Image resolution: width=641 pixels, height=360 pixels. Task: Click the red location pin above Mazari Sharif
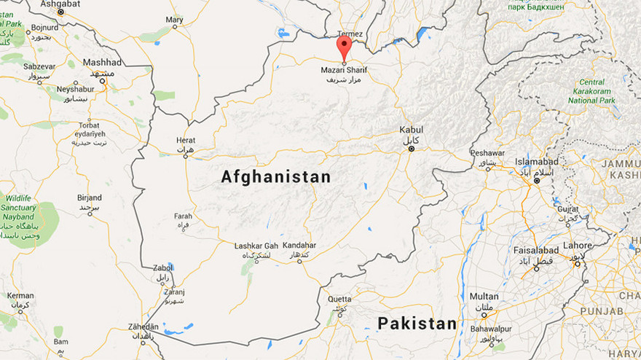tap(344, 47)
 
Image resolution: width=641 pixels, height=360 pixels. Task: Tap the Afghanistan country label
tap(276, 176)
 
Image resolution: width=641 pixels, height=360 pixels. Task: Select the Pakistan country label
tap(417, 323)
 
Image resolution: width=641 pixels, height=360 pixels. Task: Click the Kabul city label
tap(411, 130)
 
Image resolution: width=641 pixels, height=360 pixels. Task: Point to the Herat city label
tap(186, 140)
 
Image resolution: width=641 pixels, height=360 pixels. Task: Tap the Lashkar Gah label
tap(256, 246)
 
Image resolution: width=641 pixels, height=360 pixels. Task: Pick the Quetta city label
tap(339, 299)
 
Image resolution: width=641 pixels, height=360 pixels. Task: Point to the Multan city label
tap(484, 297)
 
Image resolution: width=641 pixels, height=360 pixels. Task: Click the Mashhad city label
tap(102, 63)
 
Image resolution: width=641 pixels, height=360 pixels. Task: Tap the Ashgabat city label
tap(60, 4)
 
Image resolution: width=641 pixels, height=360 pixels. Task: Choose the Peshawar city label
tap(487, 153)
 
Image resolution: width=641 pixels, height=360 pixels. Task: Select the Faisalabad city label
tap(535, 249)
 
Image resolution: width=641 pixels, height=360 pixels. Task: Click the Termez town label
tap(350, 34)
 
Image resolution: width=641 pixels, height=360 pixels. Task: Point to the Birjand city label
tap(90, 197)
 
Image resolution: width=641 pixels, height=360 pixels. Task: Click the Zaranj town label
tap(173, 291)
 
